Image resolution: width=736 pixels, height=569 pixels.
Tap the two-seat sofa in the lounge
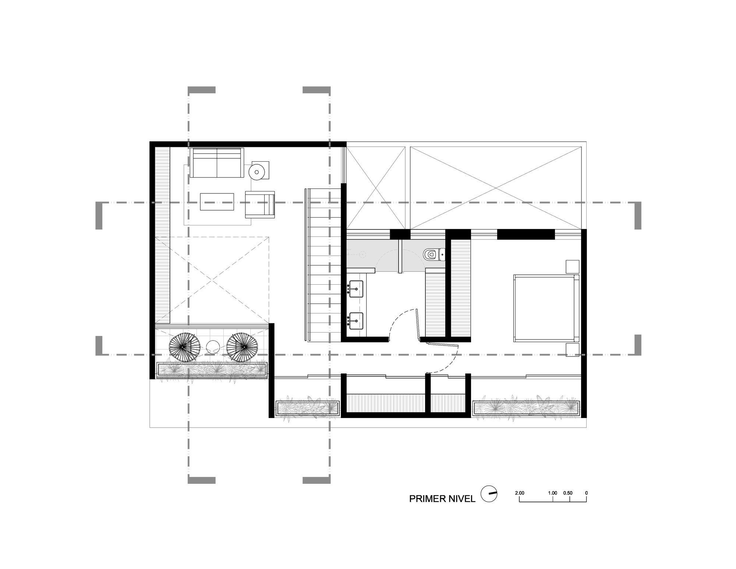(217, 162)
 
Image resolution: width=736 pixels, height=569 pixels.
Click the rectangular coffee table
(217, 202)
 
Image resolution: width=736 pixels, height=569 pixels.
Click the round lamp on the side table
(256, 171)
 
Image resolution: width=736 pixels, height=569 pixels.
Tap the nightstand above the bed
(572, 266)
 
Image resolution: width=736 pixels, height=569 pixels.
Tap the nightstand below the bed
(572, 350)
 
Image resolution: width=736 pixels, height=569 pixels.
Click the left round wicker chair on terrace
(185, 347)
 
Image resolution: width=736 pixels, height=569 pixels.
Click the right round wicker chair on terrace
(242, 347)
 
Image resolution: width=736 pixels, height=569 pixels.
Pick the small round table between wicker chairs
(213, 347)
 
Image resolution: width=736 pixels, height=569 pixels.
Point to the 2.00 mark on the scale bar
(520, 493)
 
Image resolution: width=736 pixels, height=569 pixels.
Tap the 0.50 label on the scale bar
(568, 493)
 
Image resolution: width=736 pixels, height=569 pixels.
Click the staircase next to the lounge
(324, 264)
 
